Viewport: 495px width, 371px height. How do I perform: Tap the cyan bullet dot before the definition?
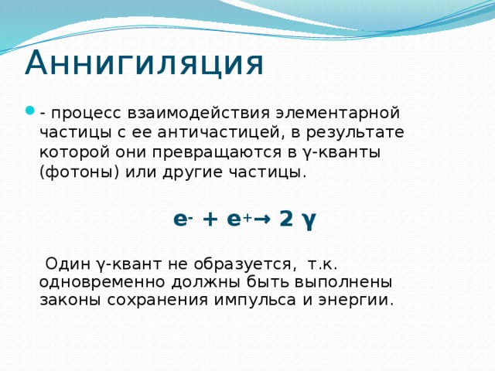[x=29, y=111]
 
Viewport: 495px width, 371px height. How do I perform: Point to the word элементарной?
[x=337, y=114]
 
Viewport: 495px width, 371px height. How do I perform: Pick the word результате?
[x=354, y=133]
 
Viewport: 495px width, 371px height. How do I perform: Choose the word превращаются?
[x=217, y=153]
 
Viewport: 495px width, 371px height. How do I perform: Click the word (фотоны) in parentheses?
[x=79, y=172]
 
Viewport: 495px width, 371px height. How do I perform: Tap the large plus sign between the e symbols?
[x=211, y=219]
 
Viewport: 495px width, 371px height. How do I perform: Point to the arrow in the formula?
[x=262, y=219]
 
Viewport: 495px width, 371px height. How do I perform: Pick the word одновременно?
[x=102, y=282]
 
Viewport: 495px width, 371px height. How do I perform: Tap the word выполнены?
[x=343, y=282]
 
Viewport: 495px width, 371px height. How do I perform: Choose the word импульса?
[x=254, y=301]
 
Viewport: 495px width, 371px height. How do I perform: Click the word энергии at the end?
[x=356, y=301]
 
